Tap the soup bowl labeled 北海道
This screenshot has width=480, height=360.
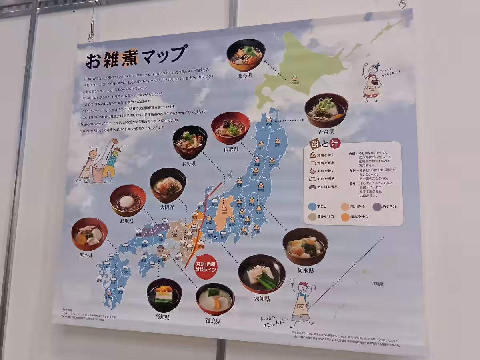pyautogui.click(x=246, y=55)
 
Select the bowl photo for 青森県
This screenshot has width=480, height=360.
pyautogui.click(x=326, y=110)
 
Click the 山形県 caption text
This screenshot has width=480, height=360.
pyautogui.click(x=231, y=149)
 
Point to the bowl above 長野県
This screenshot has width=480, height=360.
pyautogui.click(x=190, y=142)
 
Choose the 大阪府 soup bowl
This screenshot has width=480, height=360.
pyautogui.click(x=168, y=185)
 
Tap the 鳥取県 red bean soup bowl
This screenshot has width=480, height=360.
pyautogui.click(x=128, y=200)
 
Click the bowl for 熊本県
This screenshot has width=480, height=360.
pyautogui.click(x=89, y=234)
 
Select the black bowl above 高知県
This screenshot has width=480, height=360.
pyautogui.click(x=164, y=295)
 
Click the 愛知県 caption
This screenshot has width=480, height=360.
pyautogui.click(x=262, y=298)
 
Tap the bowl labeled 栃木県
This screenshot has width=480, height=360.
pyautogui.click(x=305, y=246)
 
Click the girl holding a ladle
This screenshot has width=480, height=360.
pyautogui.click(x=372, y=82)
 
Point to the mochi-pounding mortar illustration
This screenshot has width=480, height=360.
pyautogui.click(x=97, y=174)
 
